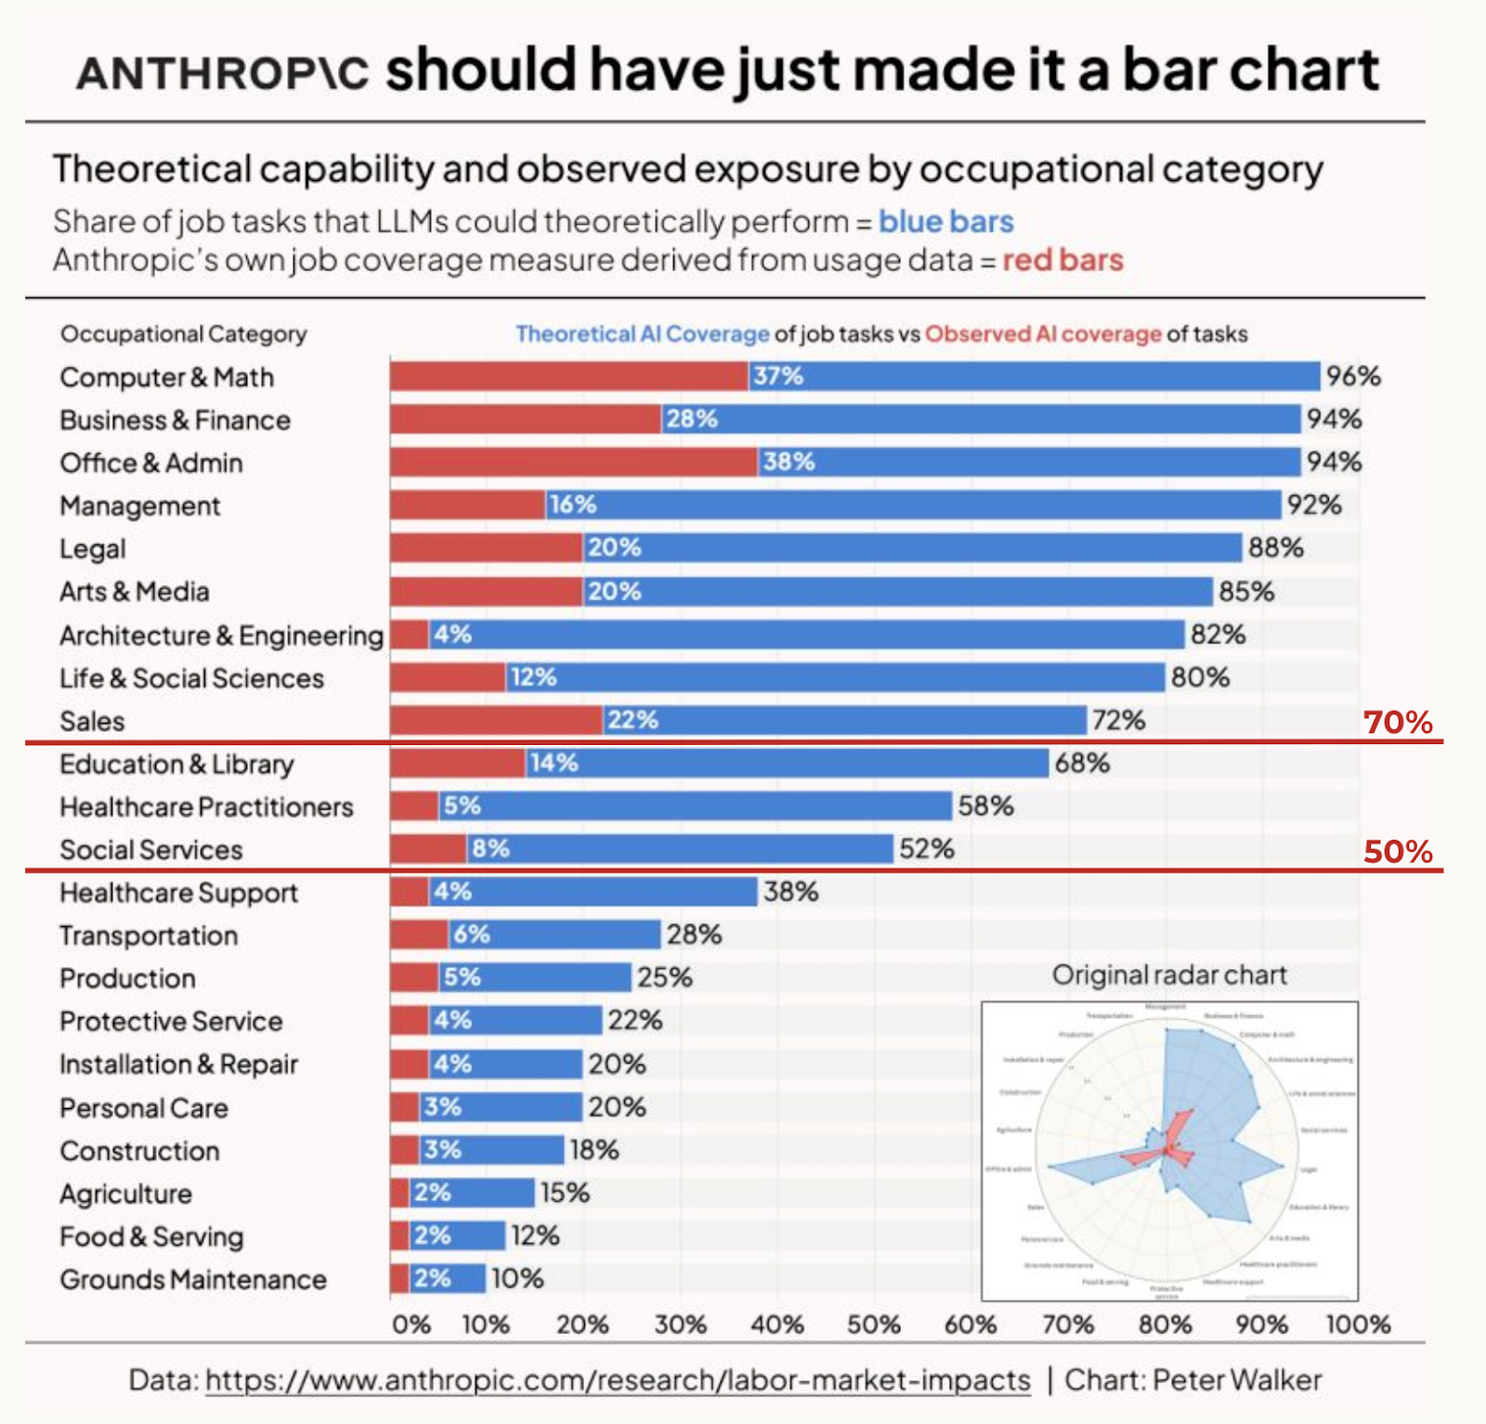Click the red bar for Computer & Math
pos(568,376)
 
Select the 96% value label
pos(1353,376)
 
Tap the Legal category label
pos(92,549)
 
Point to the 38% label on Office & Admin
pos(789,462)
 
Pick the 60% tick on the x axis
pos(971,1325)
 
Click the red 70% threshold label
pos(1398,722)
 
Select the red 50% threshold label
pos(1398,851)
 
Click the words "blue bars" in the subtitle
pos(945,222)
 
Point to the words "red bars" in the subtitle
pos(1062,260)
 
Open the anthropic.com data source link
pos(618,1380)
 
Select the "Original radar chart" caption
pos(1169,975)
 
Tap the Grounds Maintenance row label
pos(193,1280)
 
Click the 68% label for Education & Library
pos(1082,764)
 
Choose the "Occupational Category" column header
pos(183,334)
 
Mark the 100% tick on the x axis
pos(1358,1325)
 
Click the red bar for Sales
pos(496,720)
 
